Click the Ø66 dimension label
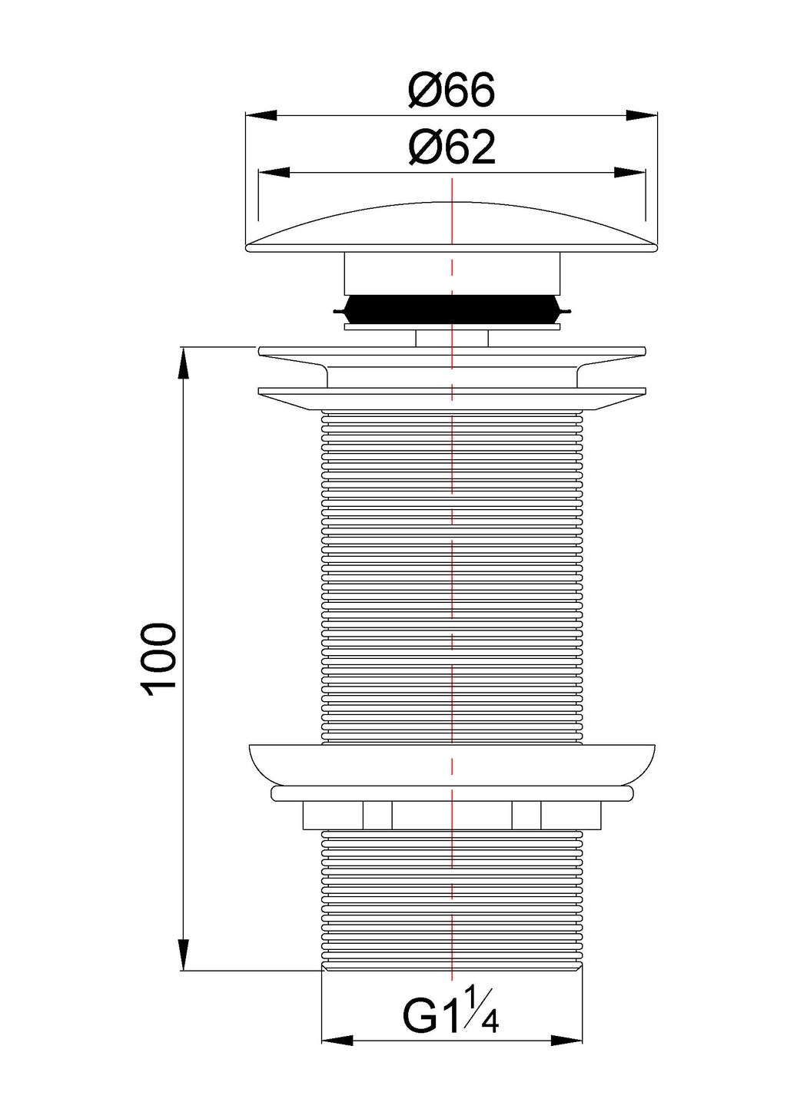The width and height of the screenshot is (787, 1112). click(x=452, y=90)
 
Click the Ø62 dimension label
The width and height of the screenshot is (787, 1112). click(x=452, y=147)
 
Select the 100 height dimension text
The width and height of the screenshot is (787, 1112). click(x=158, y=657)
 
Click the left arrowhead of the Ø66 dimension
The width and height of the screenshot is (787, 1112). click(x=261, y=115)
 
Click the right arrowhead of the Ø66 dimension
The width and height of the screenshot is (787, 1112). click(x=642, y=115)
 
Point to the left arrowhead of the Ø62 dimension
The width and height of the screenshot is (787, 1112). click(x=274, y=173)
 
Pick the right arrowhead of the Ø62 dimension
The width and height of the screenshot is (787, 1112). click(x=629, y=173)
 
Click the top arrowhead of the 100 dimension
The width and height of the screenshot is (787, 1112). click(x=184, y=364)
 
